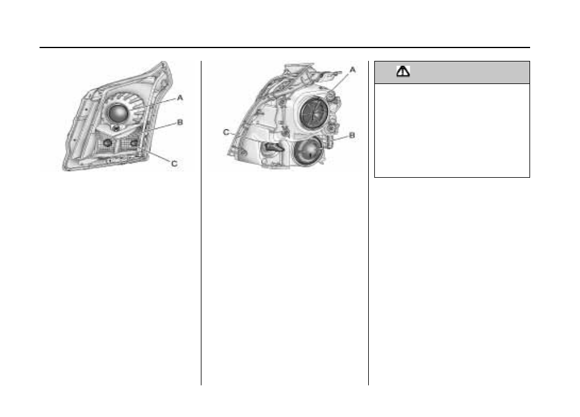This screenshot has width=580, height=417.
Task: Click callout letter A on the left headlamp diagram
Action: (180, 97)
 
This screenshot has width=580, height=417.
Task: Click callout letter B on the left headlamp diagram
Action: (180, 122)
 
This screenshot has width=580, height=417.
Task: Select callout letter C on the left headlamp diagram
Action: (174, 164)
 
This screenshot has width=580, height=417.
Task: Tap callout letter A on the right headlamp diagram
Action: (352, 69)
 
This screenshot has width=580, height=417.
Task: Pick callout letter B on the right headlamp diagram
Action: (352, 135)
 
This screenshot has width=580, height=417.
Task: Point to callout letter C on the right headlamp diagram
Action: (226, 132)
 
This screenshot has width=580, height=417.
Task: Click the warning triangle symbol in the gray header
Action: (403, 71)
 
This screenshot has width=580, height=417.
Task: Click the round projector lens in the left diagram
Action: (118, 113)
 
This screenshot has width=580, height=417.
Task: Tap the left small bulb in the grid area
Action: (108, 142)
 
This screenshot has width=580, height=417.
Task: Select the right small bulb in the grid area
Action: (134, 142)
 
